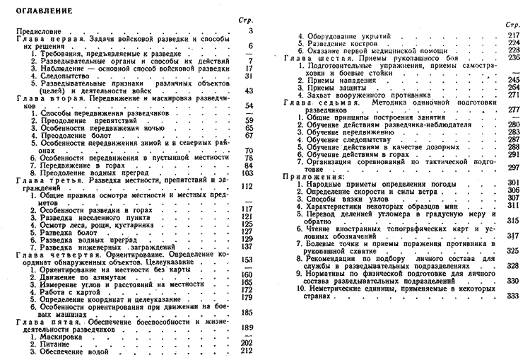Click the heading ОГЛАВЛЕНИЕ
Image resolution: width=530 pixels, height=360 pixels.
pyautogui.click(x=36, y=11)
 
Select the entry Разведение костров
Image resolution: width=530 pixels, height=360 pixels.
pyautogui.click(x=343, y=42)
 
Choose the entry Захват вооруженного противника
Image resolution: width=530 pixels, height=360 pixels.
pyautogui.click(x=364, y=94)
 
